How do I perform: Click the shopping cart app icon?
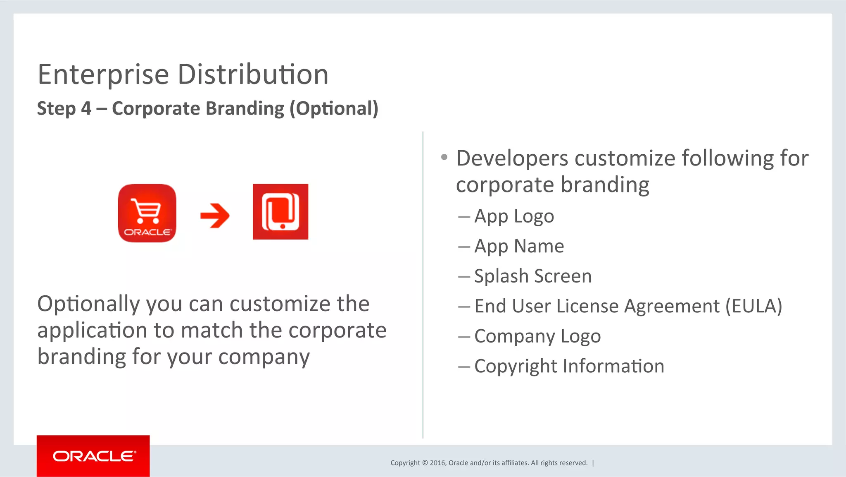point(147,213)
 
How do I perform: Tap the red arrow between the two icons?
point(215,216)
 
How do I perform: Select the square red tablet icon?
point(280,212)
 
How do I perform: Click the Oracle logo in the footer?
point(93,456)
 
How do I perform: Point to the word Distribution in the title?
point(253,75)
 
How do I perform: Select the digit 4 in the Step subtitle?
point(86,108)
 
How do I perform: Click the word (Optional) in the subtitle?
point(334,108)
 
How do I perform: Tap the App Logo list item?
point(514,216)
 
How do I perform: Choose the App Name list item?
point(519,246)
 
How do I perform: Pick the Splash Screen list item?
point(533,276)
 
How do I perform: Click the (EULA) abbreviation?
point(754,306)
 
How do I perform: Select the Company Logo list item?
point(537,336)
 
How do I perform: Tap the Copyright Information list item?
point(569,367)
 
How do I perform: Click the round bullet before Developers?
point(444,157)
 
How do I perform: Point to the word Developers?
point(512,158)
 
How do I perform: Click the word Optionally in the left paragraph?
point(89,304)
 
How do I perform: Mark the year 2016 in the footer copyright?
point(437,463)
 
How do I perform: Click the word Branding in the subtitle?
point(245,108)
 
